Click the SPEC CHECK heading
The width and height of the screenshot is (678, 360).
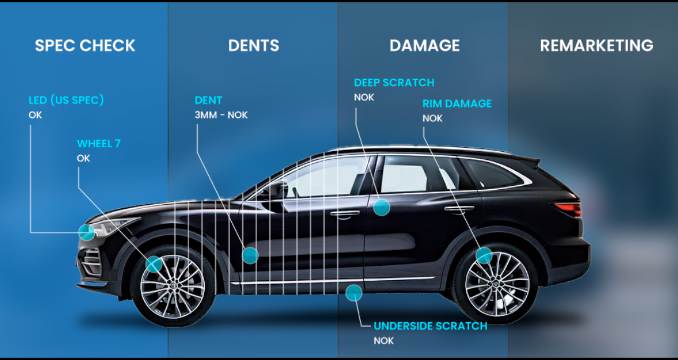[x=85, y=45]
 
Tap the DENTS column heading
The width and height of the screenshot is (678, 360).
[x=254, y=45]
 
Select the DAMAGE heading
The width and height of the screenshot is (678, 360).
[x=424, y=45]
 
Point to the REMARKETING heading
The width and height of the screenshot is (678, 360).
[x=596, y=45]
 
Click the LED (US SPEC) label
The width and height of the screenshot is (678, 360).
[x=66, y=100]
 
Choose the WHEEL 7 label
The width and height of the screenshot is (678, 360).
[x=98, y=143]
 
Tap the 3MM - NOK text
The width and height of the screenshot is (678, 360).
[x=221, y=116]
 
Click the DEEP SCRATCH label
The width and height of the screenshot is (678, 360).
[x=394, y=82]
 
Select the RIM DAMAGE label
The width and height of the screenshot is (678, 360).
[x=457, y=104]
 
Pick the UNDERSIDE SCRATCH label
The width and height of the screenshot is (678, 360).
[x=430, y=326]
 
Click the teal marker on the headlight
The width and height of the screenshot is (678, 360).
[x=86, y=232]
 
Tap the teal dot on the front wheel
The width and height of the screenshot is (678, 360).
[x=154, y=264]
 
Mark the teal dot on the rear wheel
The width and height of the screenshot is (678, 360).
[x=484, y=255]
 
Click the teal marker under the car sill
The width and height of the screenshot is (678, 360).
[x=354, y=293]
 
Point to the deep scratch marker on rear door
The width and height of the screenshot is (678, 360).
[x=381, y=207]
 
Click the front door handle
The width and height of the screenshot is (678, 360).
[x=344, y=213]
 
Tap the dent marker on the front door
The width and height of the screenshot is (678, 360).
[x=250, y=255]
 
